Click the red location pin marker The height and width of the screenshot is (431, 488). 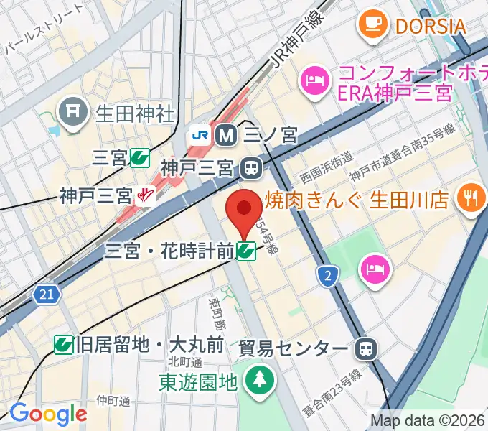click(244, 210)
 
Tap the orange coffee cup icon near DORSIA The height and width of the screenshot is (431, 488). click(372, 24)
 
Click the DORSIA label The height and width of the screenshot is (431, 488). click(430, 26)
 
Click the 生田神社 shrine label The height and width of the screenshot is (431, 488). click(135, 112)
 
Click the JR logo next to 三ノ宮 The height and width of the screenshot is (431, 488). click(199, 134)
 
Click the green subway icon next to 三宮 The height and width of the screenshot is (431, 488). click(140, 157)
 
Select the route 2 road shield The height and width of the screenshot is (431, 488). click(328, 275)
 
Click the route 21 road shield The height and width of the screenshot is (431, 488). click(45, 293)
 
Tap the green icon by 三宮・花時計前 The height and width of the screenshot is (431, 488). click(247, 251)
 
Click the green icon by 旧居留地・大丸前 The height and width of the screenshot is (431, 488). click(65, 345)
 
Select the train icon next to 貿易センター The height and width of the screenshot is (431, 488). click(366, 350)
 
